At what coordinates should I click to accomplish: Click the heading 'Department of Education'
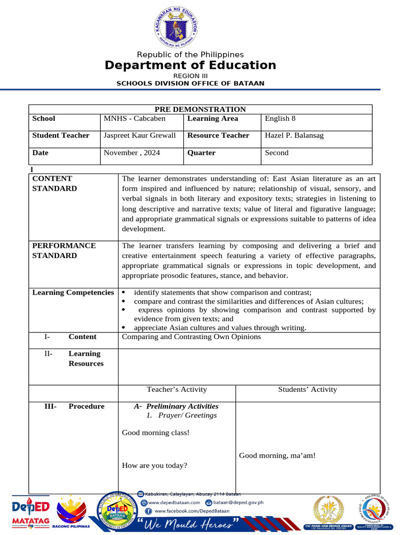(190, 65)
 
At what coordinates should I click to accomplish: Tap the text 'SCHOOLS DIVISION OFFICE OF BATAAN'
(190, 84)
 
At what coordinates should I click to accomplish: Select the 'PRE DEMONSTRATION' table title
(200, 109)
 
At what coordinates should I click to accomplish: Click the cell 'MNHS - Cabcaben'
(127, 119)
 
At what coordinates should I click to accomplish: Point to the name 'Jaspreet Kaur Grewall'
(139, 136)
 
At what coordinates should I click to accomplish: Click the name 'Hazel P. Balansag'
(294, 136)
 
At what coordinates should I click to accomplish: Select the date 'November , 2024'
(132, 153)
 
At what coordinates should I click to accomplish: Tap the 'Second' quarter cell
(277, 153)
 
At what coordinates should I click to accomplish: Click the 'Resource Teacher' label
(218, 136)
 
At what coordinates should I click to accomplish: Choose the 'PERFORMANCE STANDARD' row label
(64, 251)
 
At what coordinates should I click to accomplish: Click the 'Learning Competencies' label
(73, 293)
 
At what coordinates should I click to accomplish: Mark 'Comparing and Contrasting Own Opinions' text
(191, 337)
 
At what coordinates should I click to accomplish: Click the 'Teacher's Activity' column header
(177, 390)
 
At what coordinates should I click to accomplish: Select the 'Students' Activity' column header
(308, 390)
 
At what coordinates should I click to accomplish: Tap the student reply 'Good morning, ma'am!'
(277, 456)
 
